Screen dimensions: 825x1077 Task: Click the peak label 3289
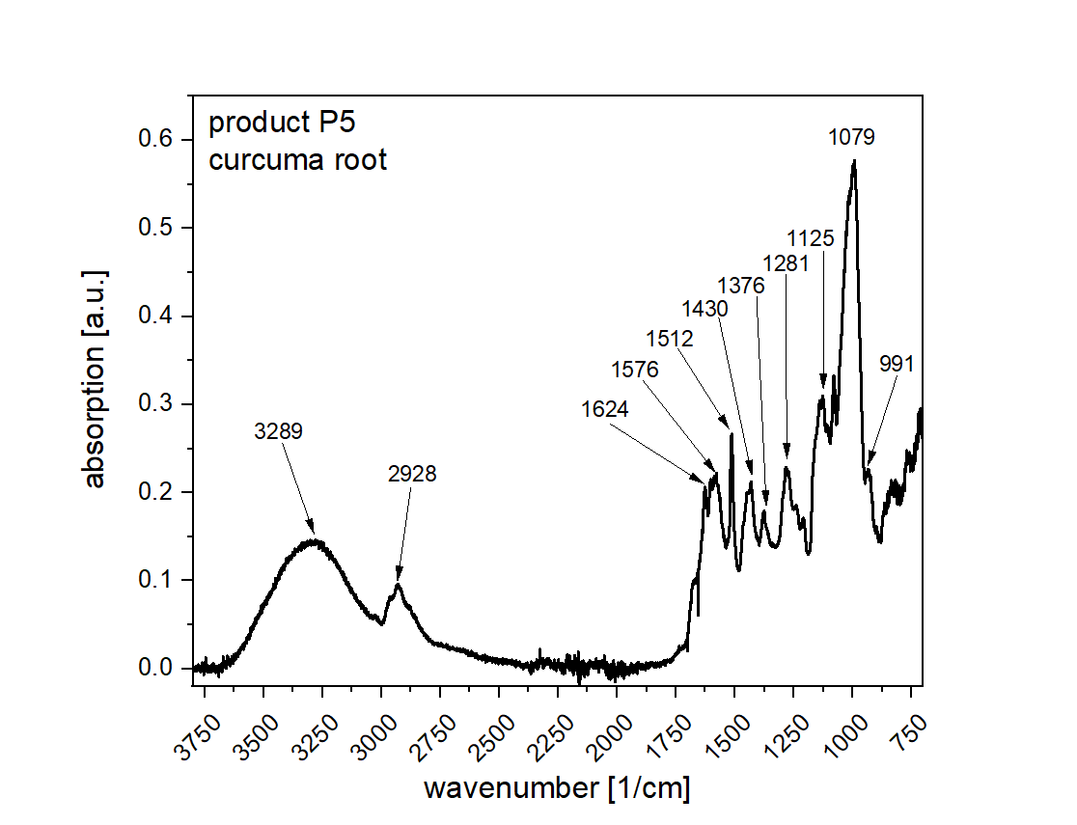click(x=279, y=431)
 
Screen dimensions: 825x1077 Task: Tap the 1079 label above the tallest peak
click(x=851, y=137)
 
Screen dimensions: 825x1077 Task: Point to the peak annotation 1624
click(x=605, y=409)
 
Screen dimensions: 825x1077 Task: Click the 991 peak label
click(x=897, y=364)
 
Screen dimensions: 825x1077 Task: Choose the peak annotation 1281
click(x=786, y=262)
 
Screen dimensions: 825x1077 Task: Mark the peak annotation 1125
click(x=811, y=237)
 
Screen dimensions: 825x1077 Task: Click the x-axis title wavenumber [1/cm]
click(x=558, y=788)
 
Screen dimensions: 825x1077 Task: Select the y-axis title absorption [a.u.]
click(x=96, y=378)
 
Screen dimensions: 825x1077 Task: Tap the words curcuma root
click(x=298, y=159)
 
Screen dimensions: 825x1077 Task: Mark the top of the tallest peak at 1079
click(x=854, y=161)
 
